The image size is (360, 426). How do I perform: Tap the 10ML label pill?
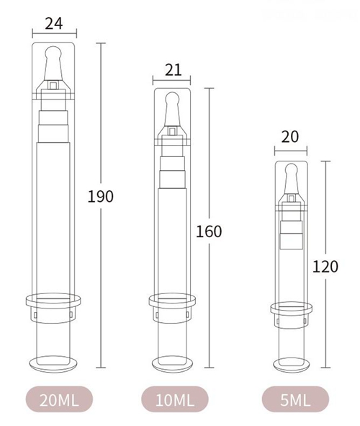tap(174, 398)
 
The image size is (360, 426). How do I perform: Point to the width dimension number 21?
tap(173, 69)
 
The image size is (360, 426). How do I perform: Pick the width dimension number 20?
tap(291, 138)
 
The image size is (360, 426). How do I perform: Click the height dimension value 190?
tap(101, 196)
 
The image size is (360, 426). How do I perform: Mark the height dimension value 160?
tap(210, 231)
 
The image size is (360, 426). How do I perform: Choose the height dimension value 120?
tap(325, 266)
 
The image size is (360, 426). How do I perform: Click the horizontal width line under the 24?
tap(54, 33)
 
